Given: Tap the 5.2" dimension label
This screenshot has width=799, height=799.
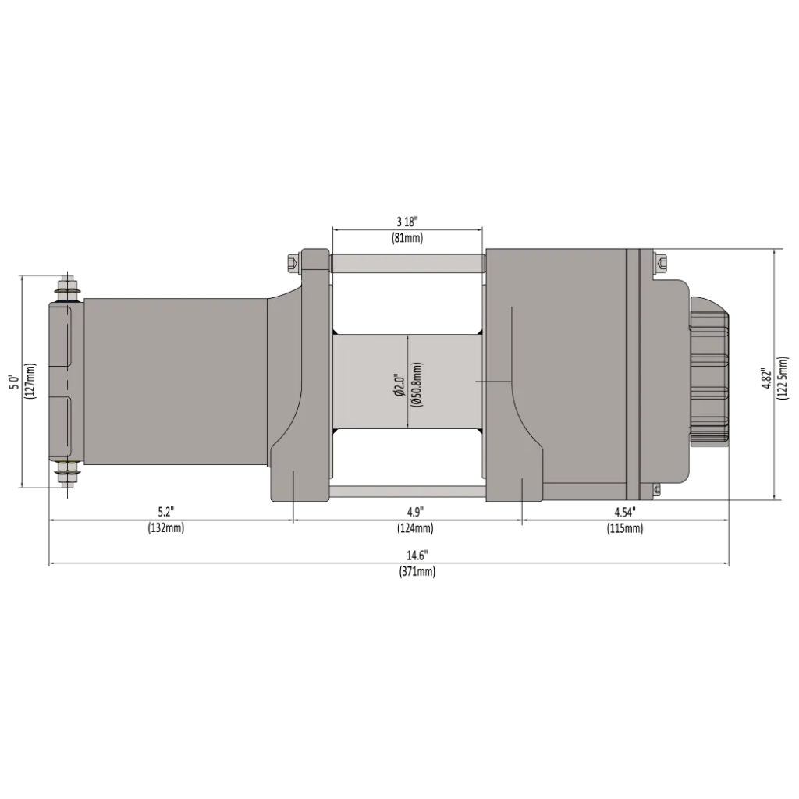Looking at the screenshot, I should coord(165,512).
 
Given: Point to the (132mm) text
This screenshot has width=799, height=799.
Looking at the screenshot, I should coord(165,528).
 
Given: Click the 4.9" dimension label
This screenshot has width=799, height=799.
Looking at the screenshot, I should coord(414,512).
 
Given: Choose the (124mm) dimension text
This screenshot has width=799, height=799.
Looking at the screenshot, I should coord(414,528).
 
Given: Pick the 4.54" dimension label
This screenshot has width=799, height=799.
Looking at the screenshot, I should coord(624,512).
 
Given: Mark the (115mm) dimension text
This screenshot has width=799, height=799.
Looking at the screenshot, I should coord(624,528).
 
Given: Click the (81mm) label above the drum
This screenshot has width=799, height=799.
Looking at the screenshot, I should coord(407,238).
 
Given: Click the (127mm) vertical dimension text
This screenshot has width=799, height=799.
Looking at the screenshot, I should coord(30,381).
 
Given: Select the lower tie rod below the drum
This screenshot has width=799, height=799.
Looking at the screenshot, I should coord(407,492).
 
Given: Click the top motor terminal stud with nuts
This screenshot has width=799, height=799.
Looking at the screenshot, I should coord(67,290).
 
